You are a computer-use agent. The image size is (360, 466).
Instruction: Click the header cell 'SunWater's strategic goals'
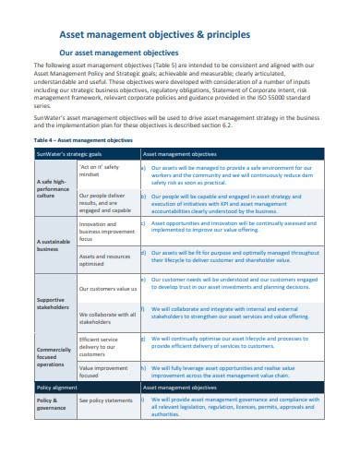point(66,152)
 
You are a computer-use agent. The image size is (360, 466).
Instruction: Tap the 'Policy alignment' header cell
point(54,388)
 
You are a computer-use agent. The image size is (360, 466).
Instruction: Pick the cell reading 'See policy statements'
point(107,400)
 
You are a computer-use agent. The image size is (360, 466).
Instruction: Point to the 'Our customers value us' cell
point(108,289)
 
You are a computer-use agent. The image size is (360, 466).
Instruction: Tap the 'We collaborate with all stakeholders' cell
point(106,318)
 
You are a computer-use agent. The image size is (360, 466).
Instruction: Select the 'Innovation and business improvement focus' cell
point(105,230)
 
